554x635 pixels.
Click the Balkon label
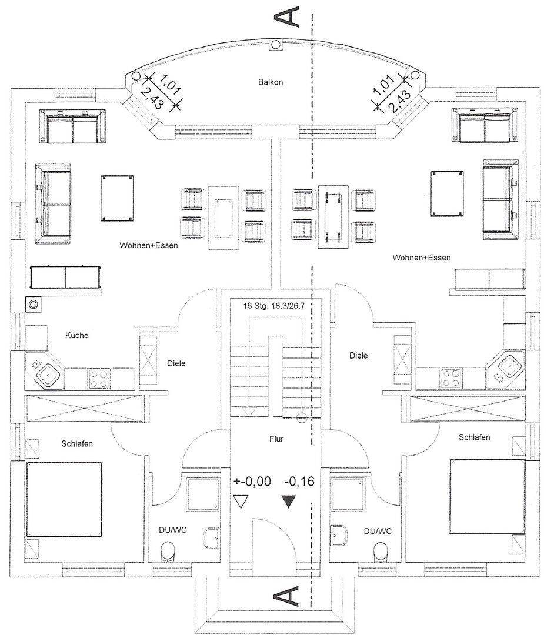click(270, 82)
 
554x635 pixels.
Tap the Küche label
click(76, 335)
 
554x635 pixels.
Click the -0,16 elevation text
click(299, 482)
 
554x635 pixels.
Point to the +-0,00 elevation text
click(252, 482)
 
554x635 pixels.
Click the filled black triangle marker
click(289, 502)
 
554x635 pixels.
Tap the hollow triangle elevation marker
click(239, 502)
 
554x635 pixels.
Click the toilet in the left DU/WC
click(168, 551)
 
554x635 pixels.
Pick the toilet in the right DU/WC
click(381, 551)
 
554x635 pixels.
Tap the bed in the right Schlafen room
click(488, 496)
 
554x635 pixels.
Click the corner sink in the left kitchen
click(46, 372)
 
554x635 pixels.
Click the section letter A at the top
click(291, 16)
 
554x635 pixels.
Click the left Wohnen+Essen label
click(148, 245)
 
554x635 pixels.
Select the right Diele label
click(358, 355)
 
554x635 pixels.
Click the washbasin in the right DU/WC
click(340, 536)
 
